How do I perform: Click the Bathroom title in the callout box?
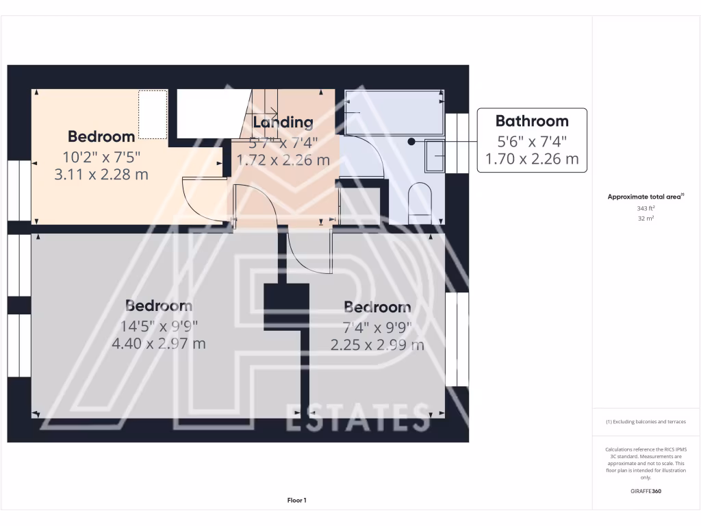point(532,121)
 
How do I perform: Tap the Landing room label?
point(283,123)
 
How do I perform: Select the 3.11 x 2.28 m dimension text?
point(101,174)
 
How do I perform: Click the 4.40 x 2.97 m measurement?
point(159,343)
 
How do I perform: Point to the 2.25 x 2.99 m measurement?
point(377,345)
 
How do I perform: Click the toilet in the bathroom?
point(420,203)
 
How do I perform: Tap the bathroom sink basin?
point(435,156)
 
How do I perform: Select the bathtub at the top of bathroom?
point(393,112)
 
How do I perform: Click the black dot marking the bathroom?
point(411,142)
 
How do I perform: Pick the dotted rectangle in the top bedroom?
point(153,114)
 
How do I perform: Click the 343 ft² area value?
point(646,208)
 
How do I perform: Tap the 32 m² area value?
point(646,219)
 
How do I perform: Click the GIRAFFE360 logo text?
point(646,491)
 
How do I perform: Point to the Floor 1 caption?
point(296,501)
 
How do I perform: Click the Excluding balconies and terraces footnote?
point(646,422)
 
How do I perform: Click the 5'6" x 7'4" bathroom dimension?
point(532,142)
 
